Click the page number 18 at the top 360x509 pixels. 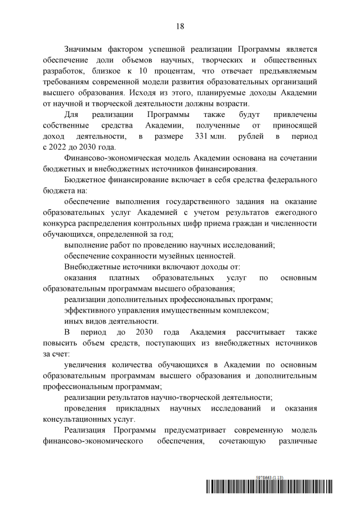pos(180,26)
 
